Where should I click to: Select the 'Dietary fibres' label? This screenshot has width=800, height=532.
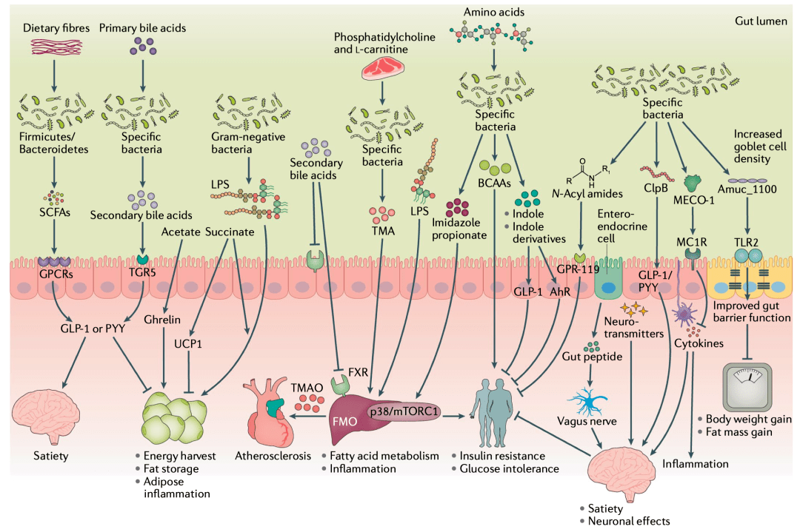(52, 28)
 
